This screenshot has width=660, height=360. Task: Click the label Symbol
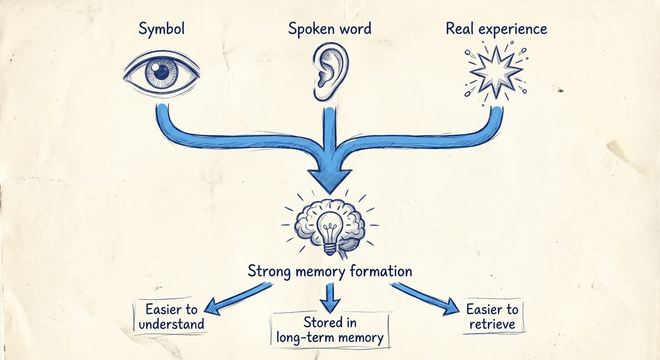[161, 29]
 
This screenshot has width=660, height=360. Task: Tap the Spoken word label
[330, 29]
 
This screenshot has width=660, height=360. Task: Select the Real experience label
[496, 29]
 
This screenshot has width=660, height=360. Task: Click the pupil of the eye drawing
[161, 72]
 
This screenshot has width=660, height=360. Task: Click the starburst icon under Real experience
[496, 71]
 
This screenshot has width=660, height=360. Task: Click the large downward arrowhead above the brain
[330, 178]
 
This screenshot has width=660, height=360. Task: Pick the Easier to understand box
[172, 317]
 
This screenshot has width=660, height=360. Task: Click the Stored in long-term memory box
[330, 330]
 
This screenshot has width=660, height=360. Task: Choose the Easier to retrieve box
[493, 316]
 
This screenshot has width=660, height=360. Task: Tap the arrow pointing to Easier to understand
[239, 298]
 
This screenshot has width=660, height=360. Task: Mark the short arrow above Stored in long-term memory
[331, 298]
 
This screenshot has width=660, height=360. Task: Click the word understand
[172, 324]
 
